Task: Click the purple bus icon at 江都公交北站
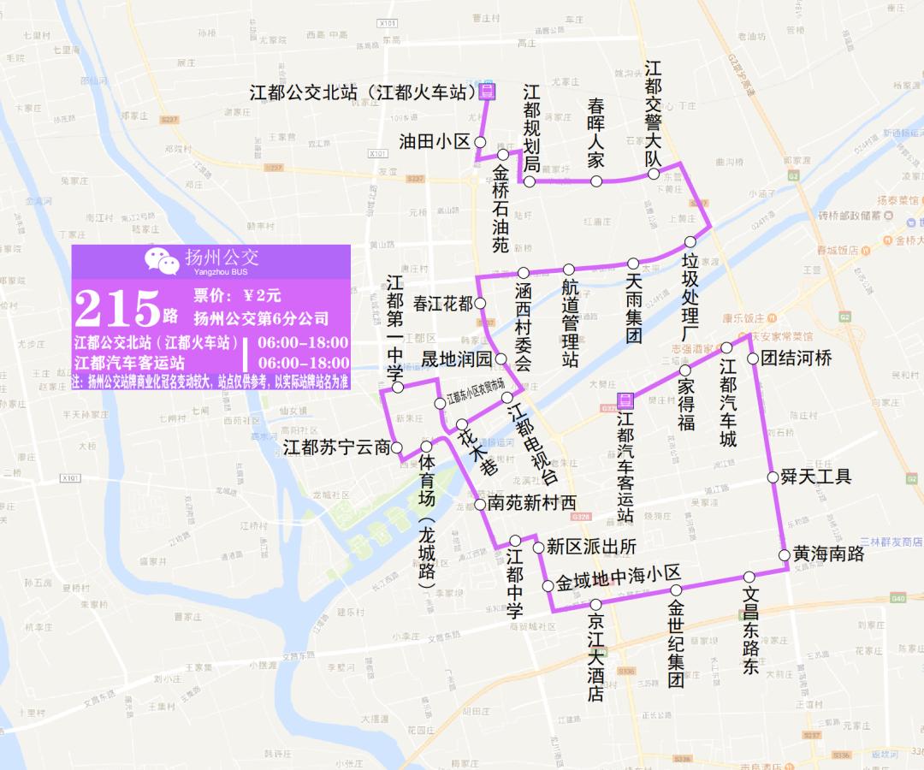[486, 92]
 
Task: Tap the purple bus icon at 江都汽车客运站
[625, 401]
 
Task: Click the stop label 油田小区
[435, 142]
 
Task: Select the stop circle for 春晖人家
[596, 181]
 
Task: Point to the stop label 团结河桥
[796, 358]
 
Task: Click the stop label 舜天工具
[815, 477]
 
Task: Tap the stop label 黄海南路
[827, 554]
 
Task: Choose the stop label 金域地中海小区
[617, 583]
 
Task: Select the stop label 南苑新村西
[531, 504]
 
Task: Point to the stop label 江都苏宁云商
[336, 447]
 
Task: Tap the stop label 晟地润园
[459, 359]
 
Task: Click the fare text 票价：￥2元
[237, 296]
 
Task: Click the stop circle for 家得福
[684, 370]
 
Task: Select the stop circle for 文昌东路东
[749, 577]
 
